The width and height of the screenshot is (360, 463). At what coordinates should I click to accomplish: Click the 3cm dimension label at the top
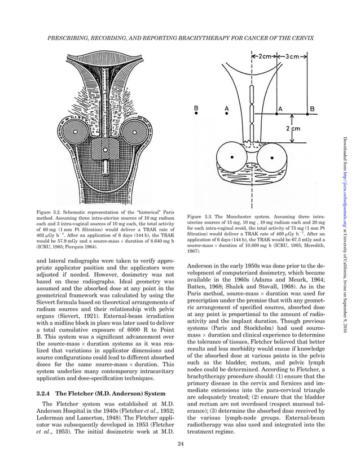(296, 56)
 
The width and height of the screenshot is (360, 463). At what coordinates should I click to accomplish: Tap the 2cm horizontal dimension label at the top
(265, 56)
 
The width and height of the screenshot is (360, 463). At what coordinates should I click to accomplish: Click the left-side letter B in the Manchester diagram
(196, 107)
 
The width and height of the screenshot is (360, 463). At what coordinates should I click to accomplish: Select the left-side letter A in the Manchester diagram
(227, 107)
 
